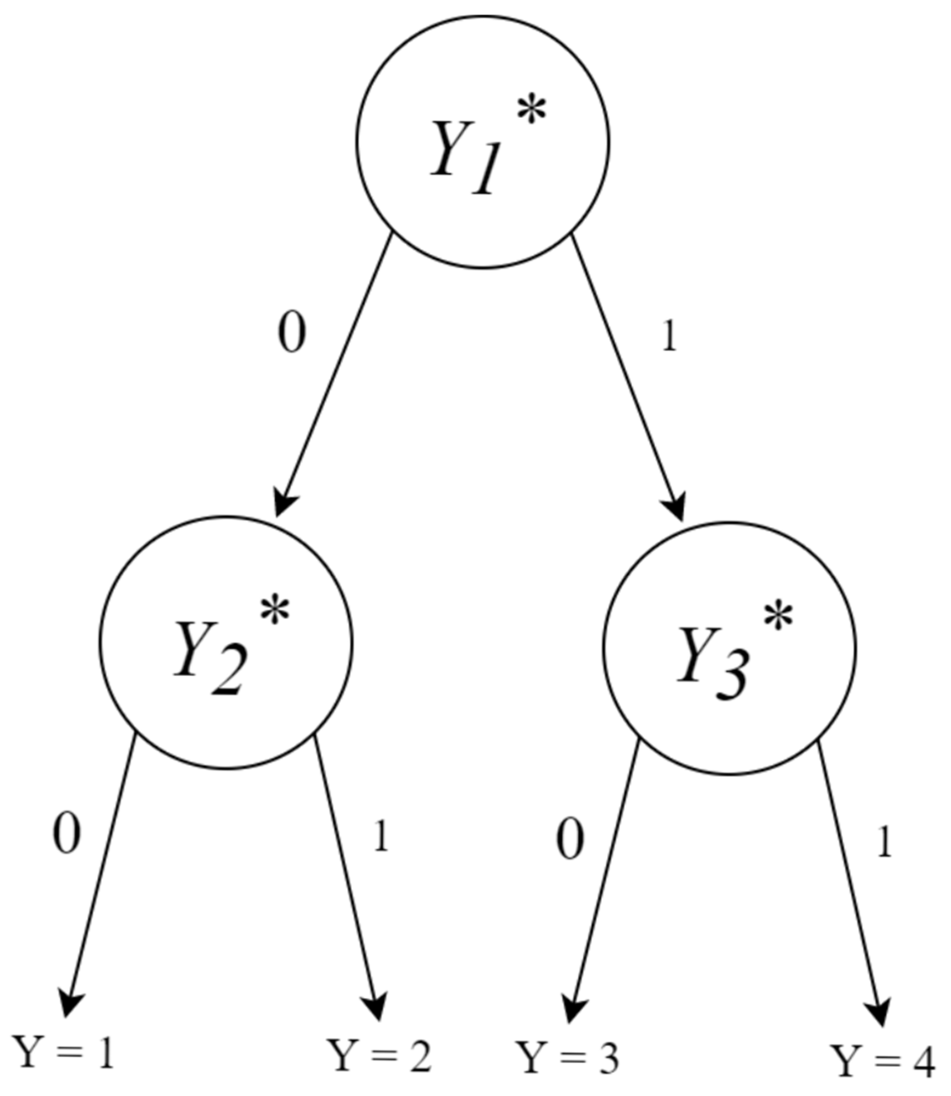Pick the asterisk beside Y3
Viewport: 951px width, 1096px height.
click(x=778, y=618)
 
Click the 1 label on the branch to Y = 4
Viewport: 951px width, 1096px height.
click(x=883, y=844)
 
